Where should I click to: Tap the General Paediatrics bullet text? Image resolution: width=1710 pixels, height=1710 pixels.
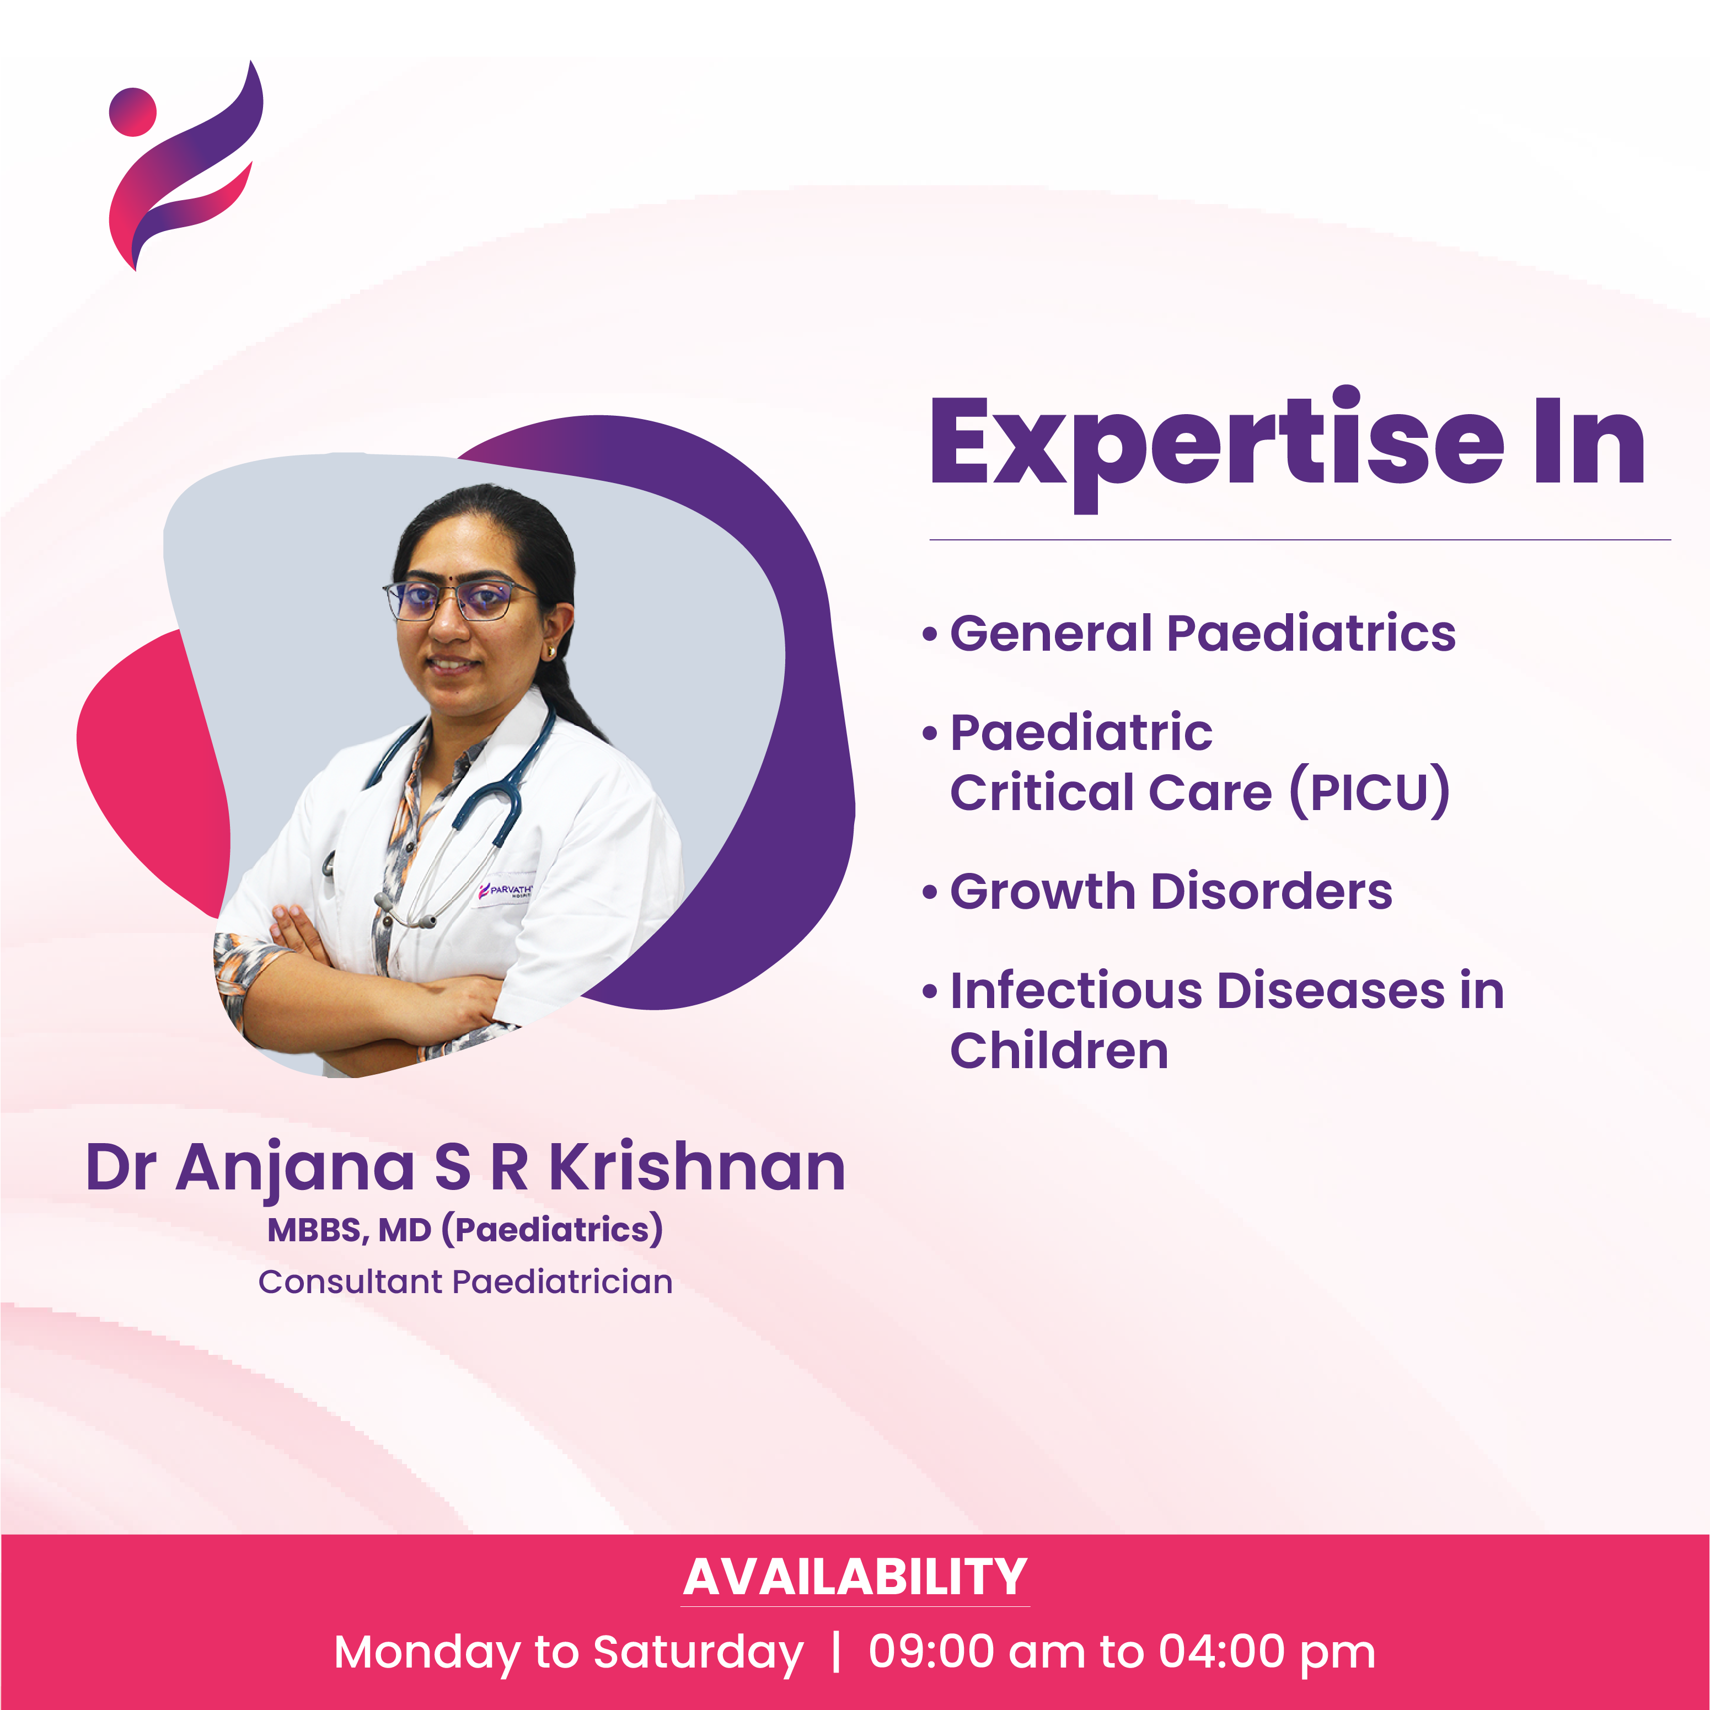pos(1203,634)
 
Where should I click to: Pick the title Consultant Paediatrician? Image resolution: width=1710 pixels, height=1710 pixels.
pos(465,1282)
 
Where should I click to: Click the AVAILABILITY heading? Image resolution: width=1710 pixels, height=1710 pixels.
pos(855,1577)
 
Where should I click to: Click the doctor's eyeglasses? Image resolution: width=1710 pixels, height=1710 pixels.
pos(458,600)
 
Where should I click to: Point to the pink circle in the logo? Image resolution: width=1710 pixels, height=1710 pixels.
pos(133,111)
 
